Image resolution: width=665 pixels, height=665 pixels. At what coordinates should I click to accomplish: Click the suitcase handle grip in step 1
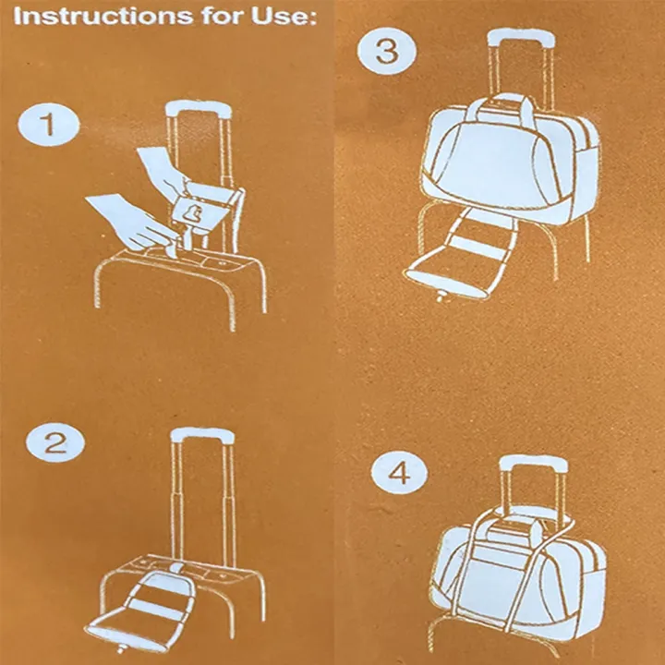198,109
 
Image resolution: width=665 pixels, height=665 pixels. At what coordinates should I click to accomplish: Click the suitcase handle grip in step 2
201,434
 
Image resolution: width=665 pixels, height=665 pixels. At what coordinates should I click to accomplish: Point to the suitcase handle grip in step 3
521,38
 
